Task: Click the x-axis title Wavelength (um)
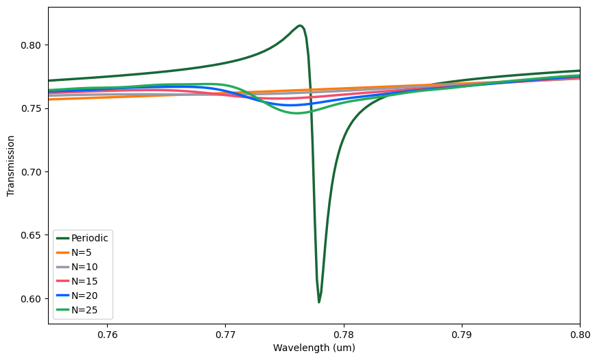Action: pos(314,348)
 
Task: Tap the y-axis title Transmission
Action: pos(11,165)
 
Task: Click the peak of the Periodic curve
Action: pos(301,26)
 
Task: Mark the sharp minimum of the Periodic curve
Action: pos(319,302)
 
